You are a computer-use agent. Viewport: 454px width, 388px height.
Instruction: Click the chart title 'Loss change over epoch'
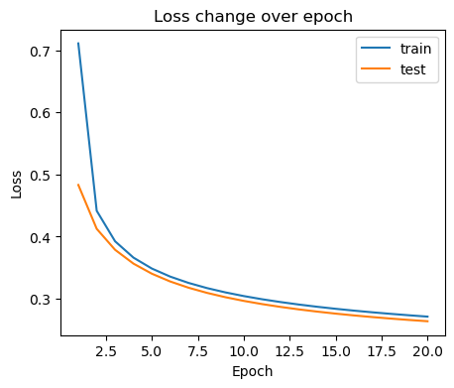(x=253, y=16)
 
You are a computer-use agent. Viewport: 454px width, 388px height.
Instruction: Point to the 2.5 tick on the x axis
(x=107, y=350)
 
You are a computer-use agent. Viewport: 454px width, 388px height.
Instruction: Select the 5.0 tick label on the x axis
(x=153, y=350)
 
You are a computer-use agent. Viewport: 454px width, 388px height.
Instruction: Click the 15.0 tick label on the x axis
(x=336, y=350)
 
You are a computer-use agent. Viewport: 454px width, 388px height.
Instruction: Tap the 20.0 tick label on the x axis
(x=428, y=350)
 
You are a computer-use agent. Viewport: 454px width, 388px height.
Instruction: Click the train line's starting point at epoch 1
(x=78, y=44)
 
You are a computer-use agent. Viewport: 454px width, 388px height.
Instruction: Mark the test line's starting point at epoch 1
(x=78, y=185)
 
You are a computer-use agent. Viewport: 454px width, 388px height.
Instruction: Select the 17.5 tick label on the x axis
(x=382, y=350)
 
